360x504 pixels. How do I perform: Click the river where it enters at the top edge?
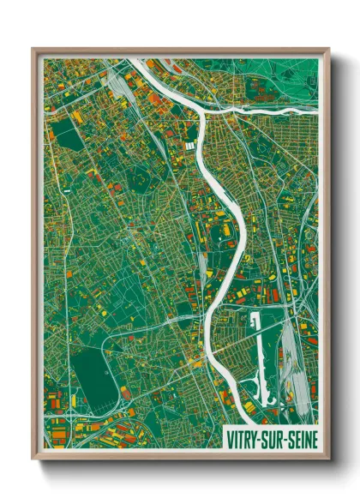click(x=137, y=61)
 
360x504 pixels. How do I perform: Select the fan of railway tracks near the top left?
click(x=116, y=86)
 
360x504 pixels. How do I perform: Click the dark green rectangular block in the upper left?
click(x=64, y=133)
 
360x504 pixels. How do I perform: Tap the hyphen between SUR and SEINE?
click(x=281, y=437)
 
